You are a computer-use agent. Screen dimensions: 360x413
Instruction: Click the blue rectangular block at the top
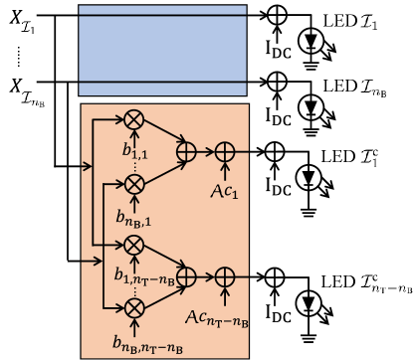[x=163, y=48]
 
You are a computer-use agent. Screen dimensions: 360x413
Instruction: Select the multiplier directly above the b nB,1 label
[x=134, y=182]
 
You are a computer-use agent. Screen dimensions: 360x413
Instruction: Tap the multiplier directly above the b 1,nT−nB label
[x=134, y=244]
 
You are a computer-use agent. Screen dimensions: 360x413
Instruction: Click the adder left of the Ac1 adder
[x=186, y=151]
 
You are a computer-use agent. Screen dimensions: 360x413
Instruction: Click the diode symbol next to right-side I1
[x=311, y=41]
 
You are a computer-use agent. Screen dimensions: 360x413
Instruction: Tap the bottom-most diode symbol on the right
[x=311, y=301]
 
